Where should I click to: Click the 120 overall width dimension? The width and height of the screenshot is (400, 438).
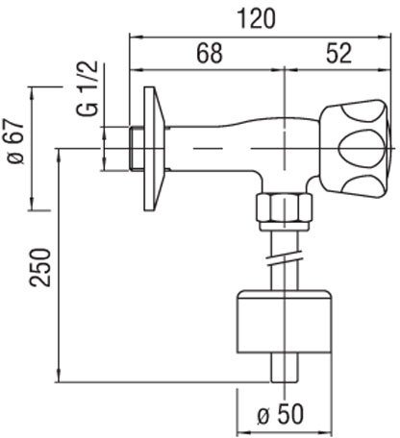pos(256,18)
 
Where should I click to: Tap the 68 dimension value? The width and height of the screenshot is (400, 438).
pos(210,53)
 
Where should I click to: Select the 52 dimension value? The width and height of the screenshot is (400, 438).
pos(339,53)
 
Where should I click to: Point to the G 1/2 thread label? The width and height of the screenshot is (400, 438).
pos(87,88)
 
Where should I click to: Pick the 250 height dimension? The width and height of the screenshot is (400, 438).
pos(40,267)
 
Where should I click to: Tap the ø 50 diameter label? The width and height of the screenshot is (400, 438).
pos(281,415)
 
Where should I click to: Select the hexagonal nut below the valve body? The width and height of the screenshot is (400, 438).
pos(284,207)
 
